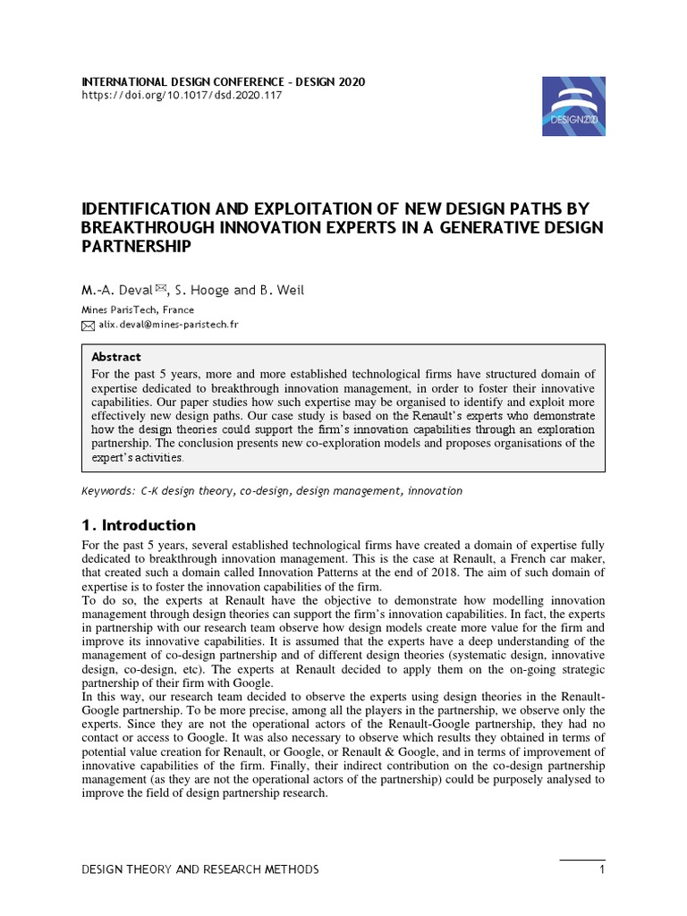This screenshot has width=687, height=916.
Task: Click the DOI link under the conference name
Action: (x=182, y=96)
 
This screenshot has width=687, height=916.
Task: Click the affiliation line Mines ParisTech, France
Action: (x=138, y=310)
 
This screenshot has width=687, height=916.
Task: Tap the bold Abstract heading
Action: (x=116, y=356)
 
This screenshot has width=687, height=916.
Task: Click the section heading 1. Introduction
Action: (x=138, y=525)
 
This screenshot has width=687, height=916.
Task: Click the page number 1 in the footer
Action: (x=603, y=870)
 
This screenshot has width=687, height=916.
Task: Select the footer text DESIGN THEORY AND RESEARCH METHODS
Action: (x=199, y=870)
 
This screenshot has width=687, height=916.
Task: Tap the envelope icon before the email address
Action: (x=88, y=326)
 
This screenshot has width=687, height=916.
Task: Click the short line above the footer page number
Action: (x=582, y=860)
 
